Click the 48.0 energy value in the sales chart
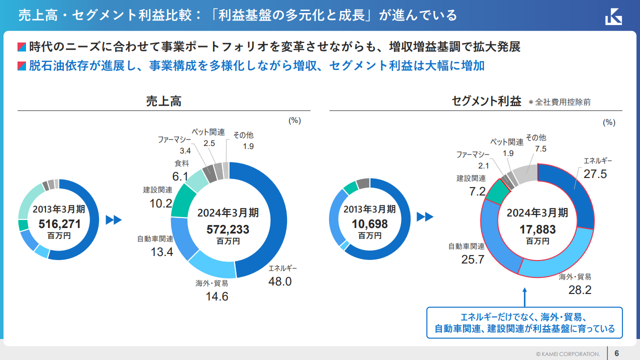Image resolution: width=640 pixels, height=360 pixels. (x=280, y=281)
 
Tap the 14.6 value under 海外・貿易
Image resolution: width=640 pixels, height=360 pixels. (x=217, y=296)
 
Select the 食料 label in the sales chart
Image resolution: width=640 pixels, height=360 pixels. (x=181, y=163)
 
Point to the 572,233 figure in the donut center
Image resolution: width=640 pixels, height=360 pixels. (x=228, y=229)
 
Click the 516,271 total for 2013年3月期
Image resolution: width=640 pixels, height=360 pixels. (x=59, y=224)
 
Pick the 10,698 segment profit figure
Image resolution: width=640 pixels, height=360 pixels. (x=369, y=224)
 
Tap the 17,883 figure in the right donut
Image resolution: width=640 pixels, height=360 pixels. (x=537, y=229)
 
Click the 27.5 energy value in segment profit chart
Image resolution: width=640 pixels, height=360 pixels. (x=595, y=173)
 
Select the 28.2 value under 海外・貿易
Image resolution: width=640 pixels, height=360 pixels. (x=580, y=290)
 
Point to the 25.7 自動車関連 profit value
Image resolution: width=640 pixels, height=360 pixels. (x=473, y=259)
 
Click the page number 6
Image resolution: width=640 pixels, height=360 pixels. (x=617, y=353)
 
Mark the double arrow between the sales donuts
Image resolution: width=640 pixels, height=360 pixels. (x=114, y=220)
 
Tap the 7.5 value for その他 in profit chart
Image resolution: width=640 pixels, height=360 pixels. (x=540, y=148)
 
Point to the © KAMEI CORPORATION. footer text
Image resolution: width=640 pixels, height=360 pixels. (x=568, y=353)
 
